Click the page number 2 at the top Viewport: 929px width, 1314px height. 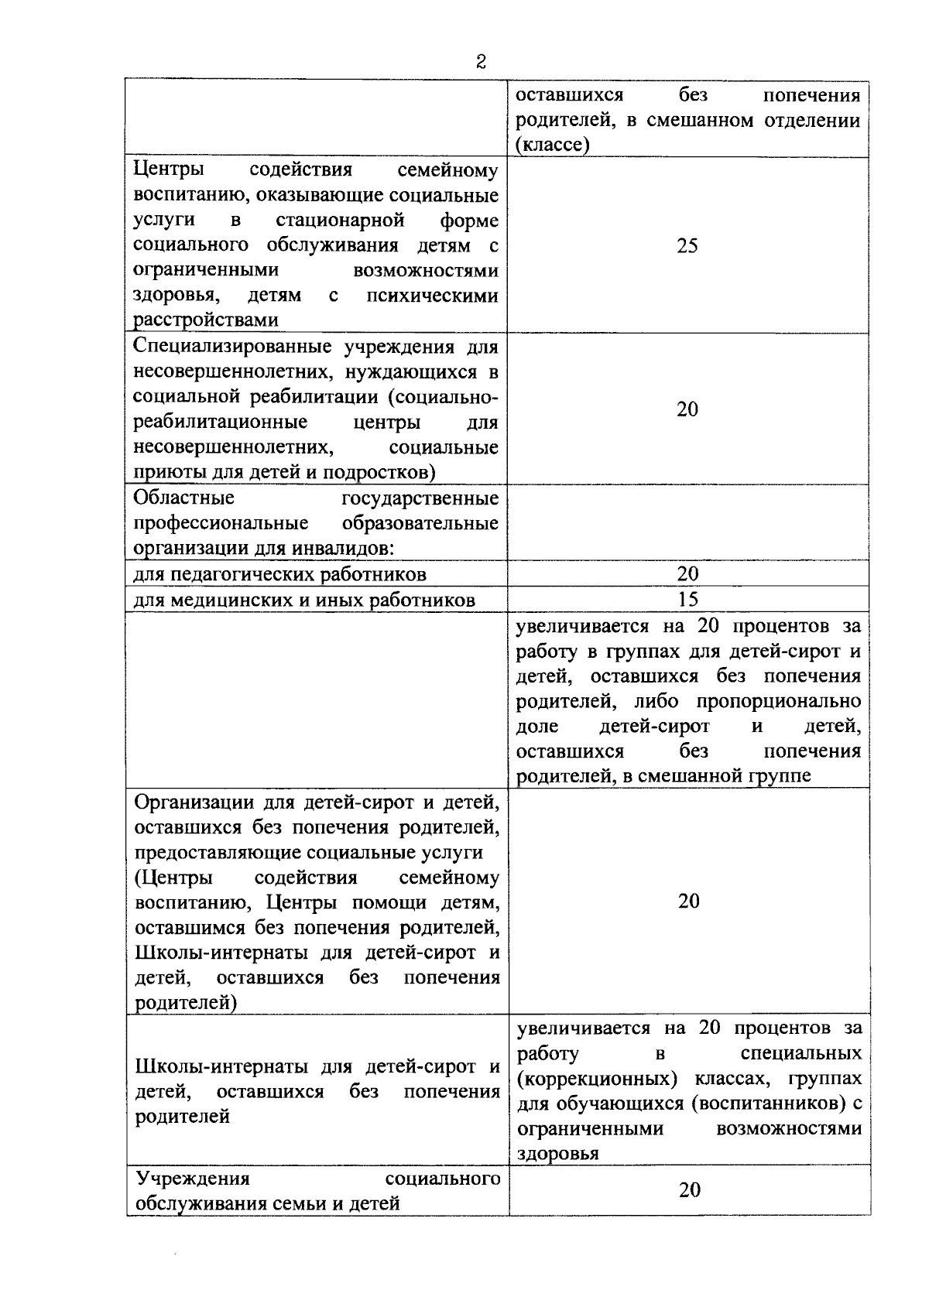[481, 63]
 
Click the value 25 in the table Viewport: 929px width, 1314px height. [687, 246]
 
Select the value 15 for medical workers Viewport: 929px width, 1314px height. [687, 599]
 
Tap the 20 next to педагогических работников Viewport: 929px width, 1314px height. [687, 573]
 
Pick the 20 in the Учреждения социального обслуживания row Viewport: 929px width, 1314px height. [689, 1189]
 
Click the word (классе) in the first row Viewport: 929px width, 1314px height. [553, 145]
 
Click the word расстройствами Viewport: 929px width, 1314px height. [206, 320]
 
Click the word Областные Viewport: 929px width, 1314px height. [184, 498]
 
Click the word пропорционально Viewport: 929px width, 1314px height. [779, 701]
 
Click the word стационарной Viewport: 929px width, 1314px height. [341, 221]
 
